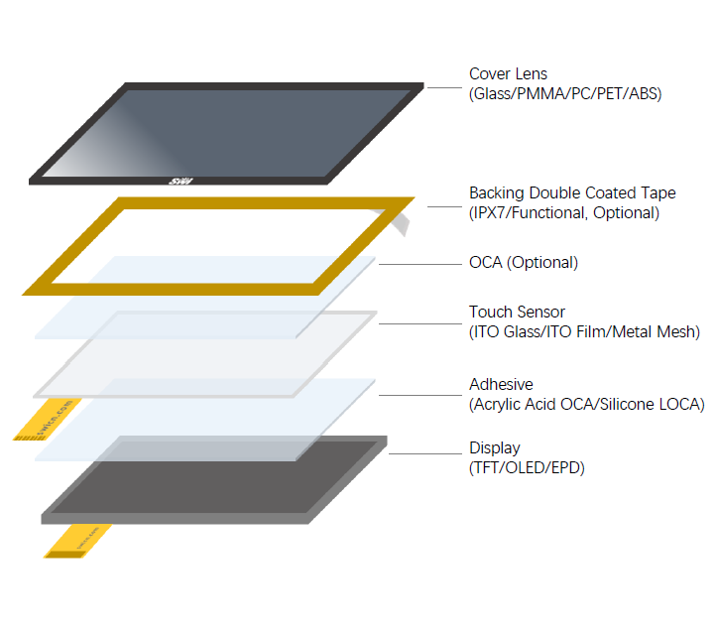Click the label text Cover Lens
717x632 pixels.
[x=508, y=74]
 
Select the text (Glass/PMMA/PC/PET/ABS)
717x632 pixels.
[x=565, y=94]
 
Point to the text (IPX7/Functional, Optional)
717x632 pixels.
[x=563, y=213]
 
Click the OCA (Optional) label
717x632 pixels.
[x=523, y=263]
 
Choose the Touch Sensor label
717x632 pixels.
[x=517, y=313]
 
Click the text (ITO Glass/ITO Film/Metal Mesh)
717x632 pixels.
[x=584, y=332]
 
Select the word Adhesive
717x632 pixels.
[x=501, y=384]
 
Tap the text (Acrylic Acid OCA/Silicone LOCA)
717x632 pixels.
[x=586, y=404]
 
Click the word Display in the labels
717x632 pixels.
[x=495, y=448]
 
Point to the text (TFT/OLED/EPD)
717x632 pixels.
[x=527, y=467]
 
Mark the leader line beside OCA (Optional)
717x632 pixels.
[x=416, y=264]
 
